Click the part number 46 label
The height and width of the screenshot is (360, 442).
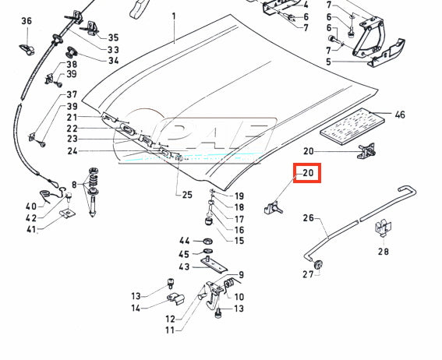point(400,115)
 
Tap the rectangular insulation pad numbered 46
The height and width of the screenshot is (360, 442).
point(352,127)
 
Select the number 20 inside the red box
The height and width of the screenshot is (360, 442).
point(308,173)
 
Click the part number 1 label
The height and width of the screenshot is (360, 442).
point(174,16)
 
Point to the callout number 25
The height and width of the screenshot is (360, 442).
point(187,195)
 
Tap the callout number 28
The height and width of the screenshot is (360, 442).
point(384,251)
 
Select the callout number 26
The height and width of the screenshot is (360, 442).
point(308,218)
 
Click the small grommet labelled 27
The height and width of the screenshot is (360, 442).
point(319,264)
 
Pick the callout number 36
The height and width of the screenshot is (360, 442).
point(27,21)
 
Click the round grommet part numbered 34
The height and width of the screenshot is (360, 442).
point(72,52)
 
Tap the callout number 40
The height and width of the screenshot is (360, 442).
point(31,206)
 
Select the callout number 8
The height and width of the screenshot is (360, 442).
point(74,185)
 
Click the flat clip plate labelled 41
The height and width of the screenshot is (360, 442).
point(68,214)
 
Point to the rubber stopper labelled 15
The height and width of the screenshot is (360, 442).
point(209,221)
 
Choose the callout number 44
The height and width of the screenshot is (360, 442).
point(184,241)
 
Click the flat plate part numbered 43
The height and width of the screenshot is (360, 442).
point(214,266)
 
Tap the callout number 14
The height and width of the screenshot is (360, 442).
point(136,308)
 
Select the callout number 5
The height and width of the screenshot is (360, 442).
point(328,62)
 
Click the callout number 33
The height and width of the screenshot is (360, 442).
point(113,50)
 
